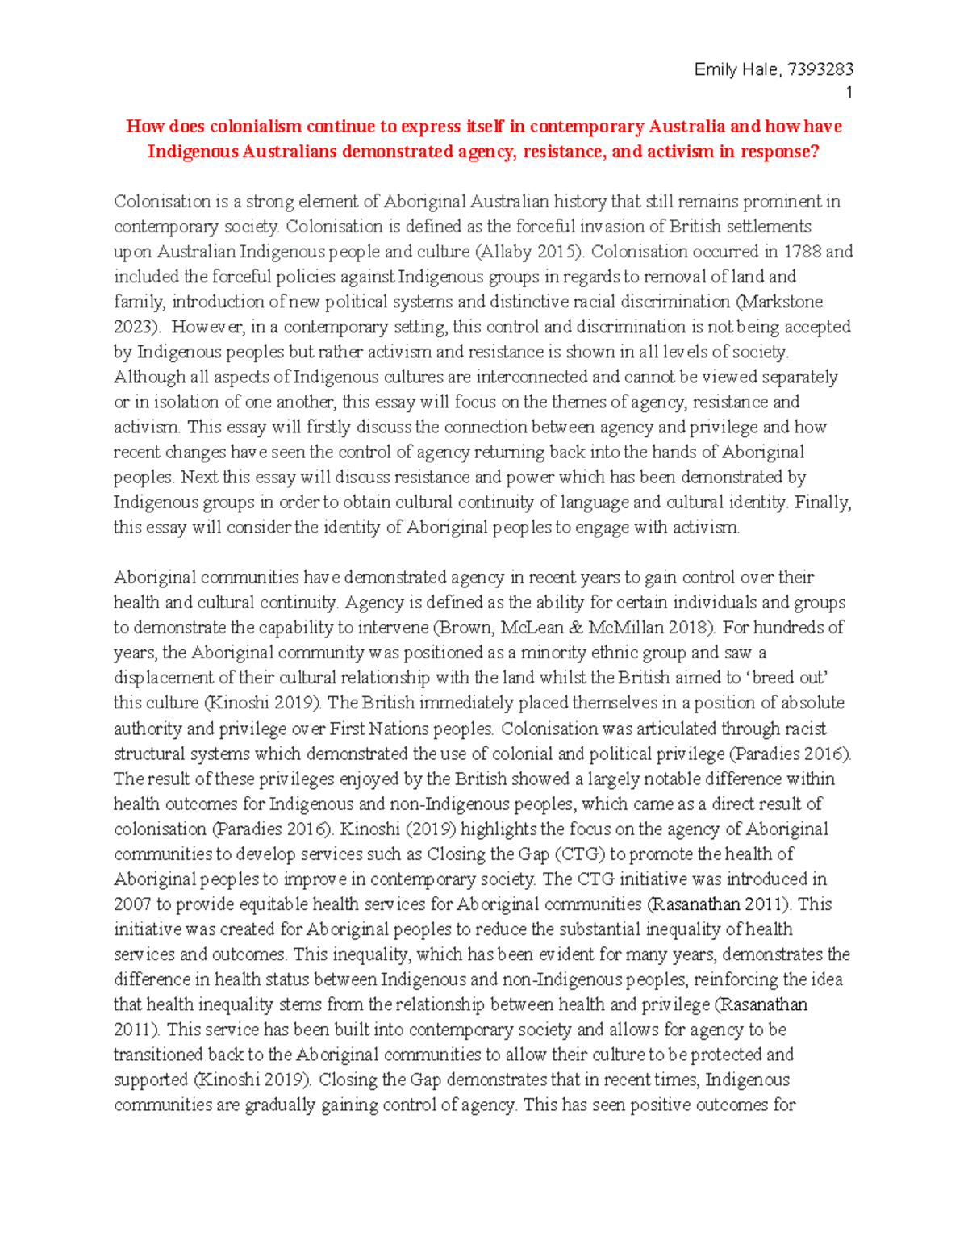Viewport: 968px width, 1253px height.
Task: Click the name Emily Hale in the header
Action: click(736, 70)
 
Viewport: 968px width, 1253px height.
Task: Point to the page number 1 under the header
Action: click(849, 93)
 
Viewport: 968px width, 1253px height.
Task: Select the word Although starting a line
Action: click(150, 377)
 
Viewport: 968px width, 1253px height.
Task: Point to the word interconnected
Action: click(532, 377)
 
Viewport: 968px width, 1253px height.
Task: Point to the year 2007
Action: click(132, 904)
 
